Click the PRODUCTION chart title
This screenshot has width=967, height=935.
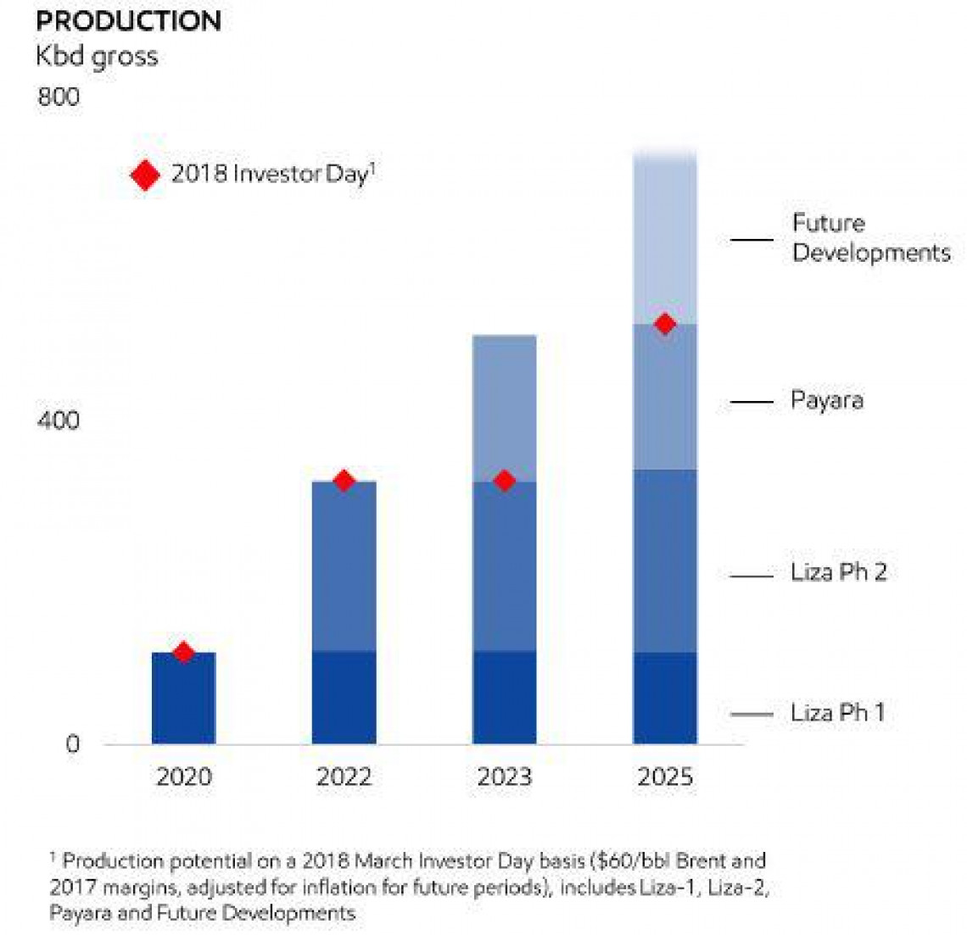(x=129, y=20)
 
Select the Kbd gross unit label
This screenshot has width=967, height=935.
(x=97, y=57)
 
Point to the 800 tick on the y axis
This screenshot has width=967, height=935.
(x=59, y=97)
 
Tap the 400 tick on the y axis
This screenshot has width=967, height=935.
(x=59, y=420)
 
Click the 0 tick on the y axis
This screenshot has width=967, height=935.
(x=72, y=744)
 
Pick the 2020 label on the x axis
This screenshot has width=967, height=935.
(x=183, y=777)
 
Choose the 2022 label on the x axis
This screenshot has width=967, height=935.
(x=344, y=777)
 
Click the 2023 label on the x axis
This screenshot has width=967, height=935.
(x=504, y=777)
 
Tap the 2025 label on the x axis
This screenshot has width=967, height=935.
(x=665, y=777)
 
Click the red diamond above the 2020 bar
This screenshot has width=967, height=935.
(x=183, y=652)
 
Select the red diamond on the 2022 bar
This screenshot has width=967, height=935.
(x=344, y=481)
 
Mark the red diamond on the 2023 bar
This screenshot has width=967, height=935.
(x=505, y=481)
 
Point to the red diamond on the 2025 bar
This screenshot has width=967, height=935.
(x=665, y=324)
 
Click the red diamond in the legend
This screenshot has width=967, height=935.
(x=145, y=175)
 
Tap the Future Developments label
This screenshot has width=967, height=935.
(x=871, y=238)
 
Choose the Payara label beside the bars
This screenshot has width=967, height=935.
(x=827, y=400)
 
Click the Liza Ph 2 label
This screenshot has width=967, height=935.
(x=838, y=572)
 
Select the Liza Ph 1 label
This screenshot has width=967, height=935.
(x=837, y=713)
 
